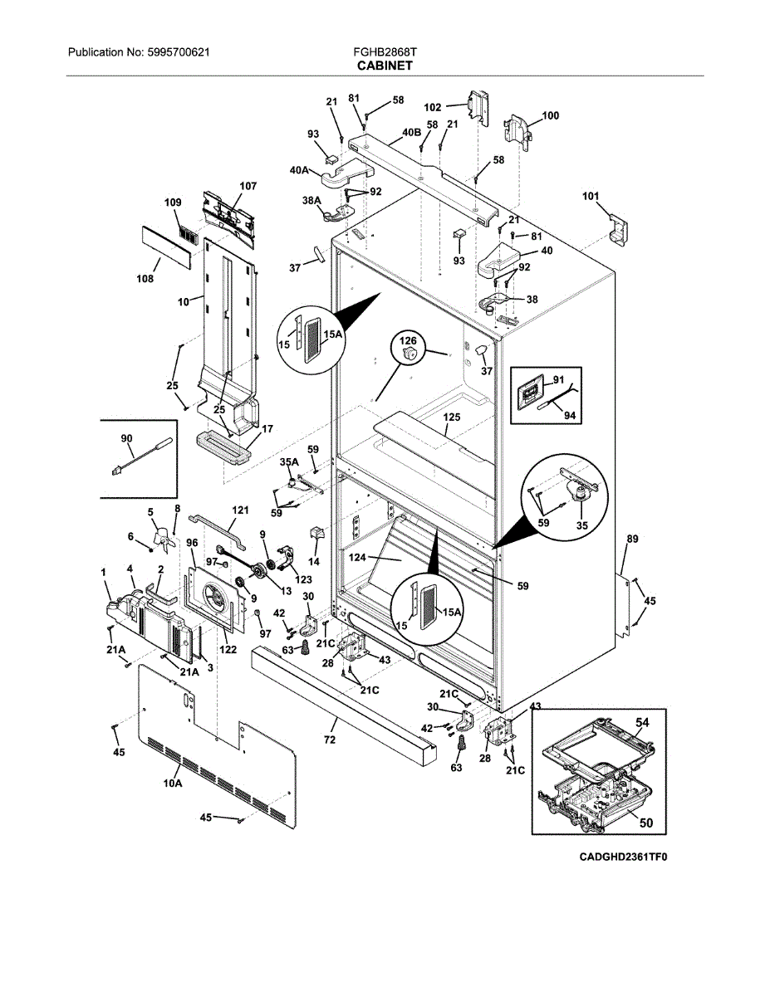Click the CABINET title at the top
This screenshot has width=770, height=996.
coord(385,65)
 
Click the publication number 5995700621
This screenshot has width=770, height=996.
coord(179,51)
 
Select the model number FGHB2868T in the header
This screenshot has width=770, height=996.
coord(385,51)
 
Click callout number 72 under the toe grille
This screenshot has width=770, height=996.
coord(330,739)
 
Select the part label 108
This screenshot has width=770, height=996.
coord(145,279)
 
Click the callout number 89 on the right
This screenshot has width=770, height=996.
coord(632,539)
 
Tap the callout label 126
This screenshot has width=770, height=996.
coord(409,340)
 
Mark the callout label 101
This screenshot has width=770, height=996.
coord(590,197)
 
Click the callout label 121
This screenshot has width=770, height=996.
coord(240,511)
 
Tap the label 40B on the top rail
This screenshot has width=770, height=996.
coord(411,132)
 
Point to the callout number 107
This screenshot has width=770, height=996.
coord(248,186)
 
